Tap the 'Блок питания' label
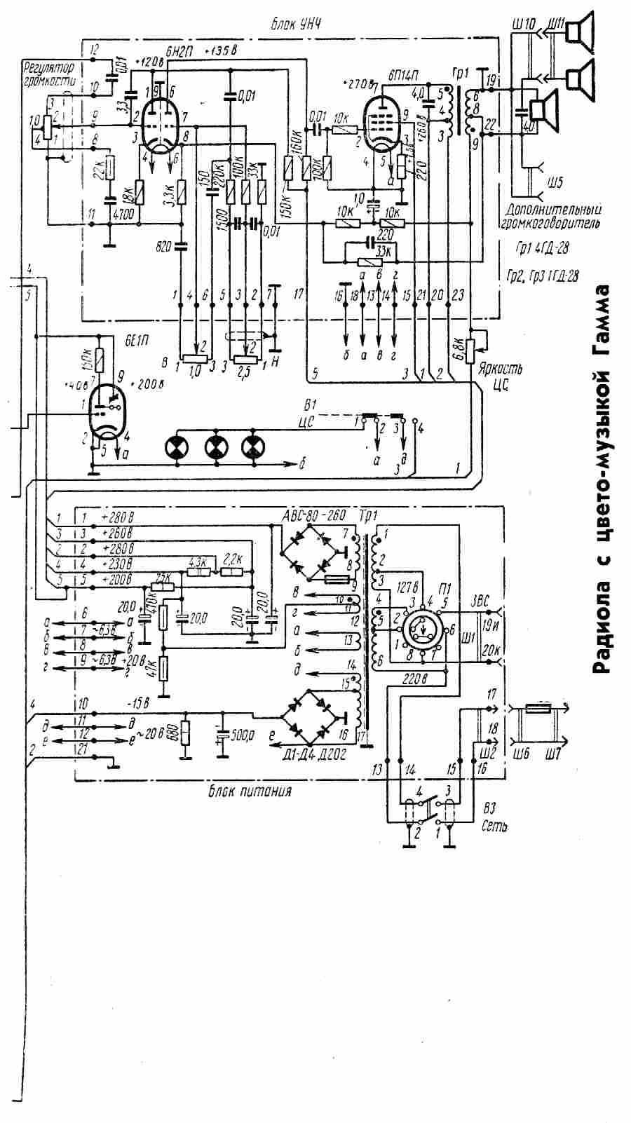pyautogui.click(x=250, y=791)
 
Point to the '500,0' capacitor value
pyautogui.click(x=243, y=735)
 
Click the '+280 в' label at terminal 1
pyautogui.click(x=118, y=518)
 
